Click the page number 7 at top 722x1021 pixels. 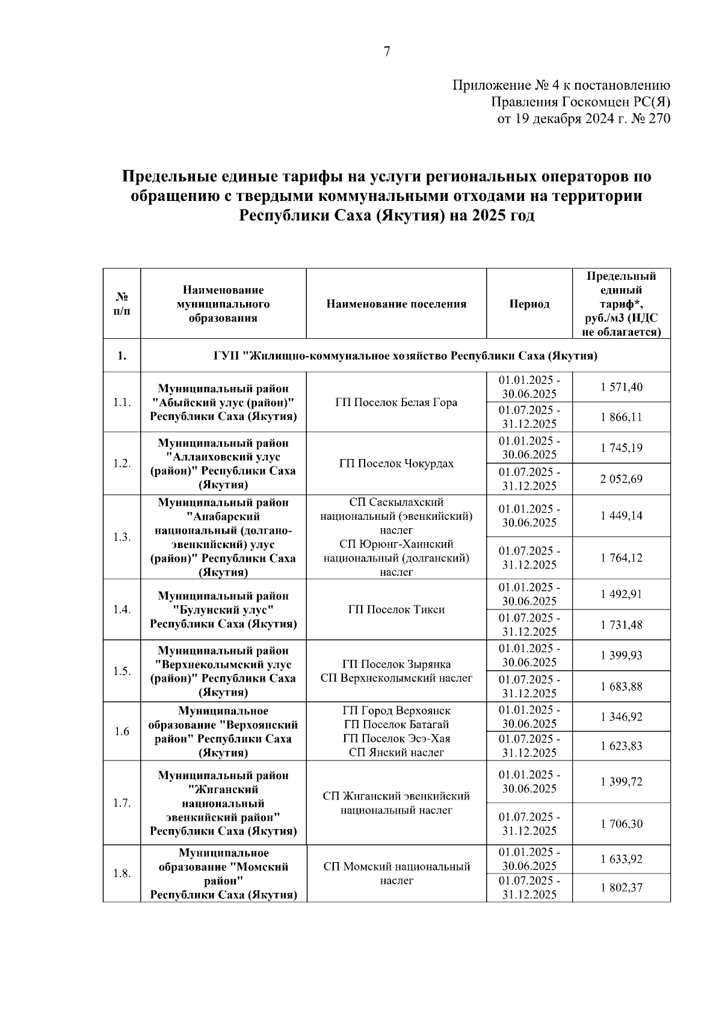(x=387, y=52)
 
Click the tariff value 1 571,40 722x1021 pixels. (x=621, y=387)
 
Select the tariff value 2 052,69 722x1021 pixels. (x=621, y=479)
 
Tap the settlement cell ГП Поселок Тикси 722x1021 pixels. (x=396, y=609)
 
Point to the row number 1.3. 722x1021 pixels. (x=122, y=537)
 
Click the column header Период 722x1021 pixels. (x=529, y=304)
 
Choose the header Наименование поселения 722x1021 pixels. (x=396, y=304)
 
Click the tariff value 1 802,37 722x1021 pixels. (x=621, y=887)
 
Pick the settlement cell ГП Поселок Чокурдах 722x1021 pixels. (x=396, y=463)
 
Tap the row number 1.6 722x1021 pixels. (x=122, y=731)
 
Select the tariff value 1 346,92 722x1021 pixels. (x=621, y=716)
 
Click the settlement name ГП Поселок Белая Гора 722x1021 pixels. (x=396, y=403)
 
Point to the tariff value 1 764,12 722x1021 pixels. (x=621, y=558)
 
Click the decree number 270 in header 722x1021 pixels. (x=659, y=119)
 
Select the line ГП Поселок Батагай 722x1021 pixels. (x=396, y=724)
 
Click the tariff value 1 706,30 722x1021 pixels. (x=621, y=824)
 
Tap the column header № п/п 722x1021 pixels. (x=122, y=304)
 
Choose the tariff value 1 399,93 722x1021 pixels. (x=621, y=655)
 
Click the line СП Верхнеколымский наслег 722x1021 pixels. (x=396, y=678)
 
